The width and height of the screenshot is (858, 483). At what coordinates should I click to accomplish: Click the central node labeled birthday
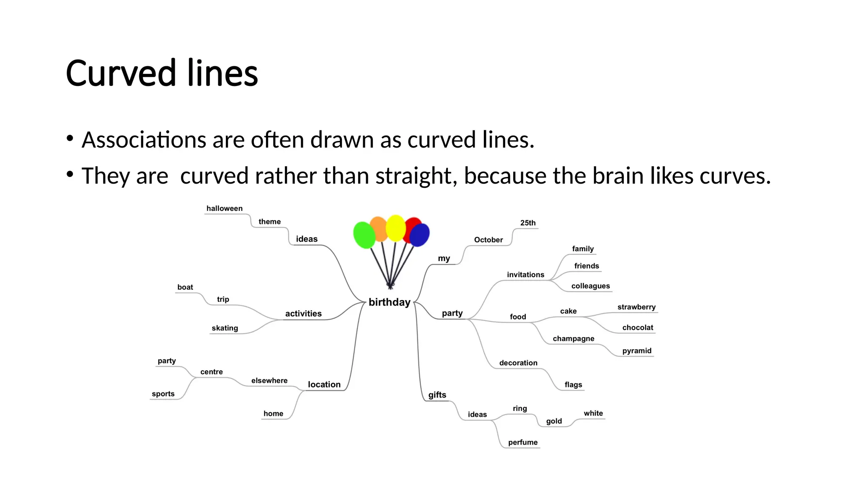(389, 302)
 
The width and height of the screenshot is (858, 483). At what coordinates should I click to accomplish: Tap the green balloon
(364, 235)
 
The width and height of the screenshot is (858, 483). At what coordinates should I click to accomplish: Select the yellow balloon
(395, 228)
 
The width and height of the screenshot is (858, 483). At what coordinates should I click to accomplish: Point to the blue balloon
(419, 235)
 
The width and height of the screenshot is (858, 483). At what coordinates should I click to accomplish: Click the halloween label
(224, 208)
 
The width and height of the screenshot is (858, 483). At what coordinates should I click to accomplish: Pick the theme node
(269, 222)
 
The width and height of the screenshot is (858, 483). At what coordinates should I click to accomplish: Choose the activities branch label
(303, 314)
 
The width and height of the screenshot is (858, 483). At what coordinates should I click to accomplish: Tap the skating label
(225, 328)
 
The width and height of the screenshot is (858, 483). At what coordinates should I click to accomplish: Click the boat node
(185, 287)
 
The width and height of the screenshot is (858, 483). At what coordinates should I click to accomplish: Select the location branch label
(324, 384)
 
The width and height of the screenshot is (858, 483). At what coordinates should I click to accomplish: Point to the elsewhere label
(269, 381)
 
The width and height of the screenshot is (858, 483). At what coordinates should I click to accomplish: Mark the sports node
(163, 394)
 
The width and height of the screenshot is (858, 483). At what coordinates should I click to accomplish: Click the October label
(488, 240)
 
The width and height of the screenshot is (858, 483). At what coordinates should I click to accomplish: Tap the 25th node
(528, 223)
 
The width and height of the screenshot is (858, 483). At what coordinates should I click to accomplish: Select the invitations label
(525, 275)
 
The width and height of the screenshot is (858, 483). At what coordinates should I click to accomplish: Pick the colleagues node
(590, 286)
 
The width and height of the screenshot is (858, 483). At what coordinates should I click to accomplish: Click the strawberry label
(636, 307)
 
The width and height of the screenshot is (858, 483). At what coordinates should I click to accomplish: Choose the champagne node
(573, 339)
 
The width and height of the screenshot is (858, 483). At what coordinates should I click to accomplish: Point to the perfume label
(522, 442)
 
